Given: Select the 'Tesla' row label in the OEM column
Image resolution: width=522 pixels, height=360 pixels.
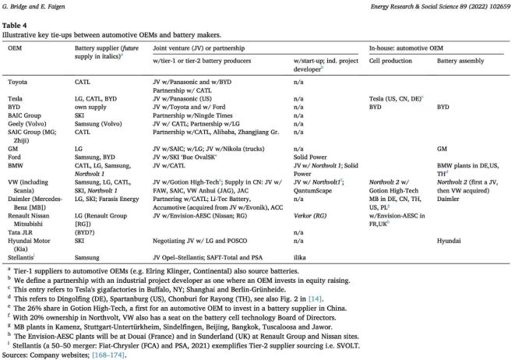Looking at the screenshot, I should point(16,100).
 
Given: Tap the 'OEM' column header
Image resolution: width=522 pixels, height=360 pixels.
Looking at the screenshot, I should point(15,48).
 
